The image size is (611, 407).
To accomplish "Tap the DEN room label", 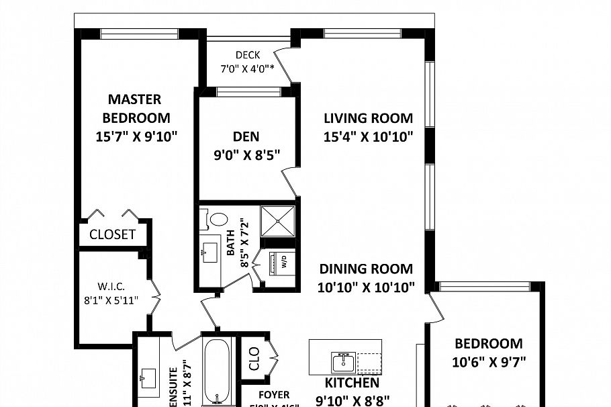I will point(246,137).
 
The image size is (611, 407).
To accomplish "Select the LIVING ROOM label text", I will point(368,119).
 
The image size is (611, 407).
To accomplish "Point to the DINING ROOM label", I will point(366,269).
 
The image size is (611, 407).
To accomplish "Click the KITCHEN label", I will point(352,383).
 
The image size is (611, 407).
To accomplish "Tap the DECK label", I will point(247,55).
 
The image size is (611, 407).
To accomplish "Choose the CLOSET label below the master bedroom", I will point(112,235).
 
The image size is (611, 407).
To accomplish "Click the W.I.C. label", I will point(111,285).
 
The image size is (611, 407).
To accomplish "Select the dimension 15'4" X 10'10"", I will point(368,137).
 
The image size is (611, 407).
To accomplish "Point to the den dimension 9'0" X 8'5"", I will point(246,154).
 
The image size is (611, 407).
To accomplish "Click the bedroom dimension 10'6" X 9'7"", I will point(489,361).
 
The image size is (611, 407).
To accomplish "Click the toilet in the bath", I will point(218,219).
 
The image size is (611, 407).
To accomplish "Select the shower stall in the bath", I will point(277,220).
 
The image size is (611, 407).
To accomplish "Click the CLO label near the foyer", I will point(254,360).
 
